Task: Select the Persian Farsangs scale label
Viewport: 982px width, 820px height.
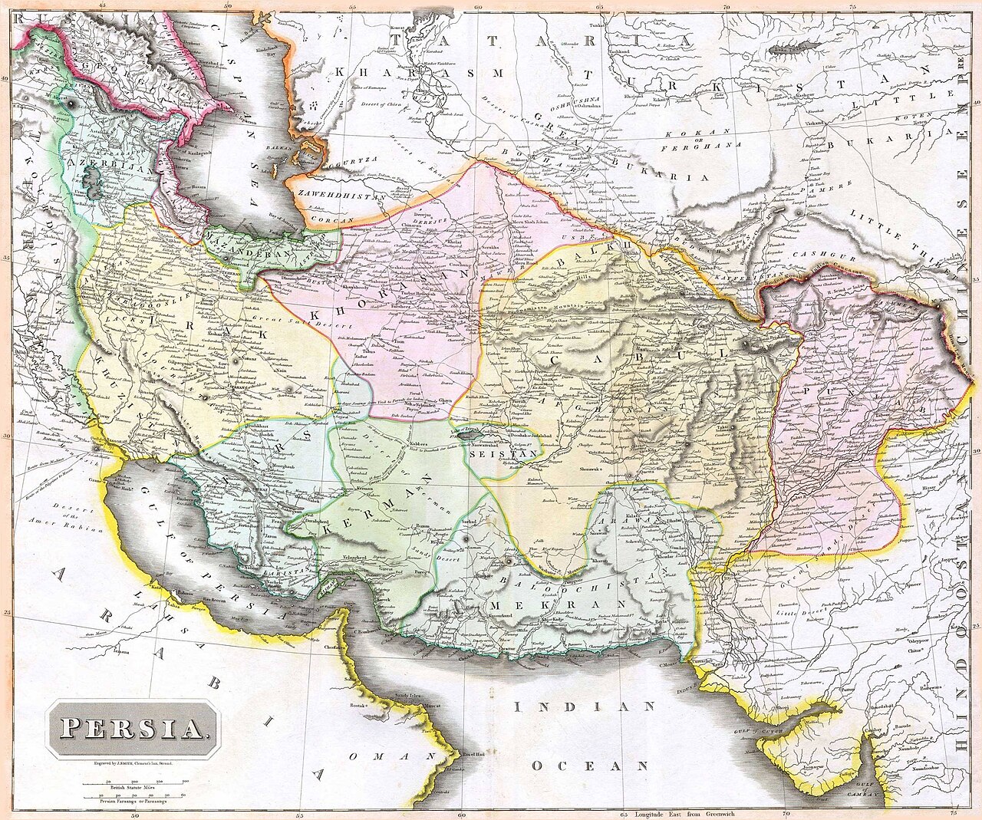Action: coord(135,802)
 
